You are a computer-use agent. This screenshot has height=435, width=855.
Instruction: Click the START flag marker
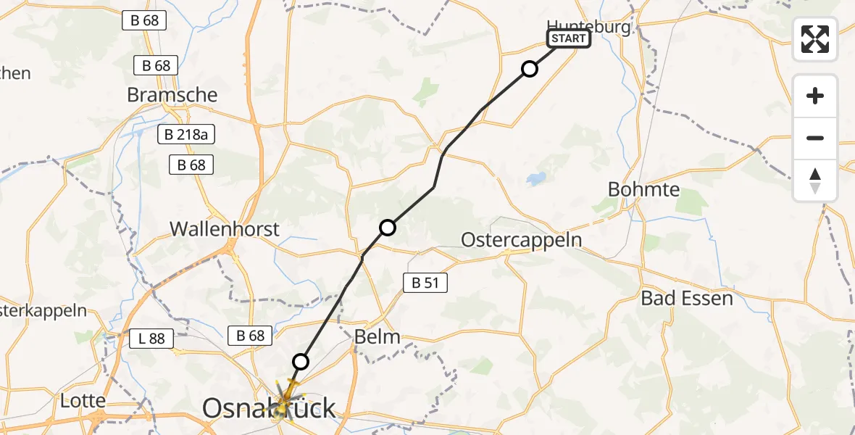pyautogui.click(x=569, y=38)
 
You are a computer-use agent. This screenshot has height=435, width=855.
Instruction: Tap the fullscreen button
pyautogui.click(x=815, y=39)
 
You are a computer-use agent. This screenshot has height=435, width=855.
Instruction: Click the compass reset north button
pyautogui.click(x=815, y=180)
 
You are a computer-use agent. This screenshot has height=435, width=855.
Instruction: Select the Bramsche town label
pyautogui.click(x=172, y=95)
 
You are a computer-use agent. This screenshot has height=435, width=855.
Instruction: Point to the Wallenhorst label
pyautogui.click(x=225, y=229)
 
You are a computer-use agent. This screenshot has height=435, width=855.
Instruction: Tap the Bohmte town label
pyautogui.click(x=644, y=190)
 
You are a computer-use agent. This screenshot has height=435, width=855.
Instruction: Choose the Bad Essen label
pyautogui.click(x=687, y=298)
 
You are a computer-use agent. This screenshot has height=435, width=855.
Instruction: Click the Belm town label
pyautogui.click(x=377, y=336)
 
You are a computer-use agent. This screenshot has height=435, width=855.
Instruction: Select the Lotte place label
pyautogui.click(x=83, y=400)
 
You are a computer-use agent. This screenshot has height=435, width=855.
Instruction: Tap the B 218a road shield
pyautogui.click(x=186, y=134)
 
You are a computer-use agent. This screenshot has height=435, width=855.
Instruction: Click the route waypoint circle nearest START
pyautogui.click(x=530, y=69)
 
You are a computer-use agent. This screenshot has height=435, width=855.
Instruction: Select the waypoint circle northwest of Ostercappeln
pyautogui.click(x=388, y=228)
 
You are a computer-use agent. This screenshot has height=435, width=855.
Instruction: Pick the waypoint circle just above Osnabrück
pyautogui.click(x=301, y=361)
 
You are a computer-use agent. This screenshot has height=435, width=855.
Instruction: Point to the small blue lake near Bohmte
pyautogui.click(x=537, y=178)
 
